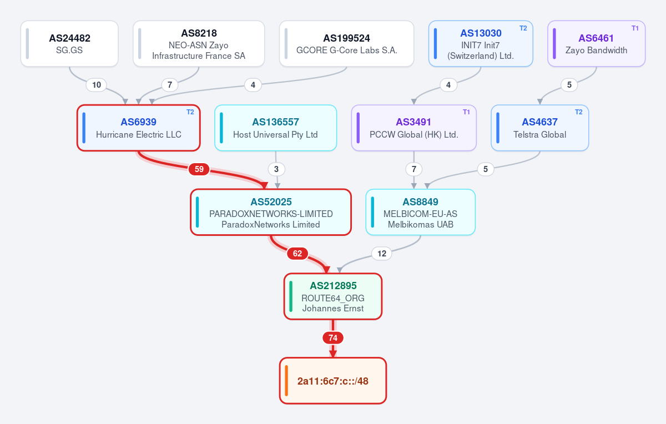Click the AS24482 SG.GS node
click(69, 44)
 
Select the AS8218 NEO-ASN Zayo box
click(199, 44)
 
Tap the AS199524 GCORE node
click(347, 44)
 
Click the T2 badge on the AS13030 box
click(523, 28)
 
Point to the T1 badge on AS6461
click(635, 28)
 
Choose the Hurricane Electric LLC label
click(139, 135)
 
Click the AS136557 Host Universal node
click(276, 128)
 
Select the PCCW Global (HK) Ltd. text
click(414, 135)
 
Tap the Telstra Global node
click(539, 128)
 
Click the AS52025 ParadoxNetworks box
click(271, 212)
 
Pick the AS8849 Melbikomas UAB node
click(421, 212)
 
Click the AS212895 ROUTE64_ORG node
click(333, 296)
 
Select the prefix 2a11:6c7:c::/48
click(333, 381)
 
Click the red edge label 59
click(199, 169)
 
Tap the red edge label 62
click(297, 253)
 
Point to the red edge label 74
click(333, 338)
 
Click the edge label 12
click(382, 253)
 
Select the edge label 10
click(97, 85)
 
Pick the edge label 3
click(276, 169)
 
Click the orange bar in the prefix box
click(286, 381)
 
